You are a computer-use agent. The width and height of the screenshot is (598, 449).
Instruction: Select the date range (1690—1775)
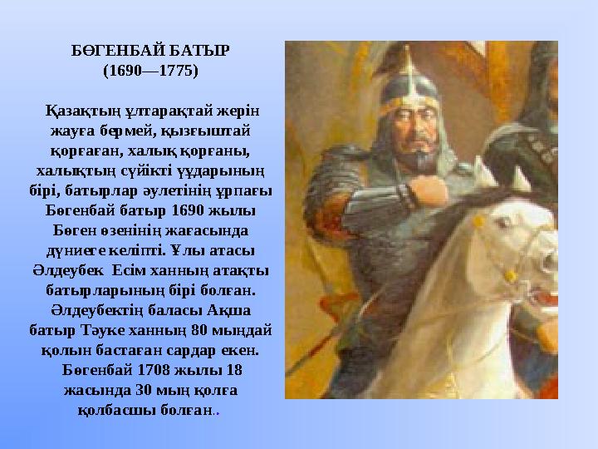click(x=150, y=71)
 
